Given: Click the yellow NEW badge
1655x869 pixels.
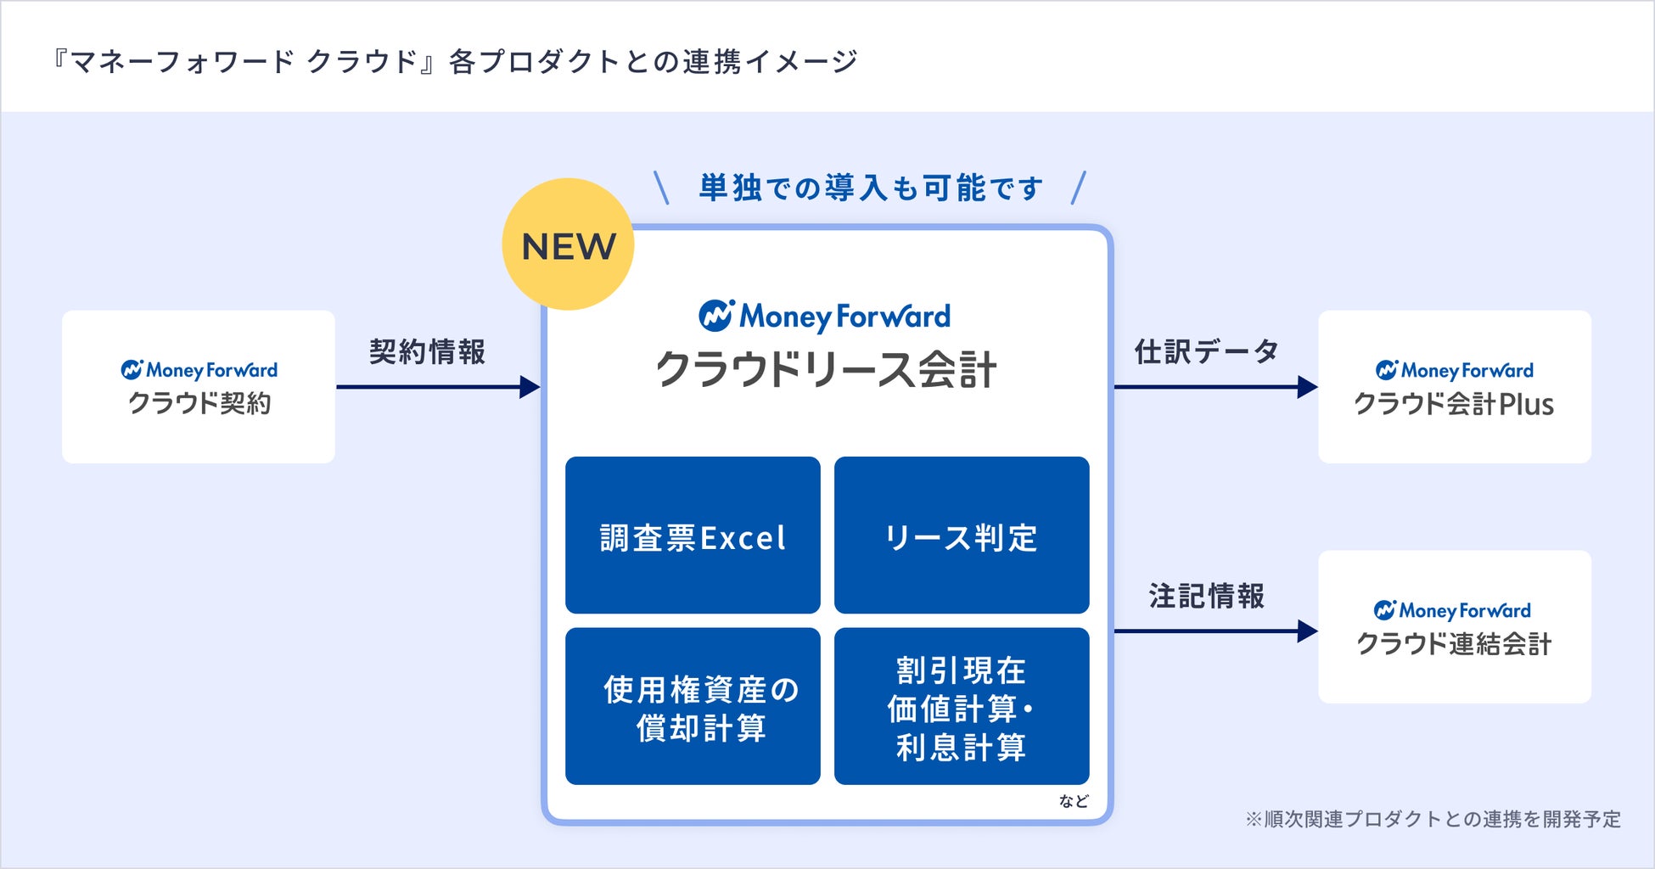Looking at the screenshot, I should coord(568,244).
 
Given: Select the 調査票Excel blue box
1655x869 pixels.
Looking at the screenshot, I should coord(693,535).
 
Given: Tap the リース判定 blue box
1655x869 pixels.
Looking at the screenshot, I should coord(961,535).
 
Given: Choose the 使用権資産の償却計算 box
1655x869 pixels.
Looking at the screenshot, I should coord(693,706).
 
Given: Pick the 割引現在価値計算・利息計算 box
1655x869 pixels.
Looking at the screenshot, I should coord(961,706).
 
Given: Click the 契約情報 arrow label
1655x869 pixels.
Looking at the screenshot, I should coord(427,351).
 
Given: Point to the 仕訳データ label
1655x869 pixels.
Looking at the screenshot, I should coord(1206,351).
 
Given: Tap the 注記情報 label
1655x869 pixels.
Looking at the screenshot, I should coord(1206,596).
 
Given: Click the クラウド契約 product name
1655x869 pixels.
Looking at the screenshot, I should coord(199,403).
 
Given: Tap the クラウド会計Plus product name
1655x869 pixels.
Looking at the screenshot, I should coord(1454,404).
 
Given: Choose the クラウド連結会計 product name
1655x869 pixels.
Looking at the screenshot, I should coord(1454,644).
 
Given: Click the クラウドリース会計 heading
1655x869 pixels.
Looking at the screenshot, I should coord(826,370).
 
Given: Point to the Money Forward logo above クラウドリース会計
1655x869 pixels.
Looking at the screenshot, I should coord(825,316).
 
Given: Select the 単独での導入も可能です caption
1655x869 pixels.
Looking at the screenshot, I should coord(871,188).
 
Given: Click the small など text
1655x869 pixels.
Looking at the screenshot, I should coord(1073,801).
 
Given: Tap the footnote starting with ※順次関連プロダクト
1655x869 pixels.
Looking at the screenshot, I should coord(1433,819).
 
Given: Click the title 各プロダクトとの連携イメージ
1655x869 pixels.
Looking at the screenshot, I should coord(454,61).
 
